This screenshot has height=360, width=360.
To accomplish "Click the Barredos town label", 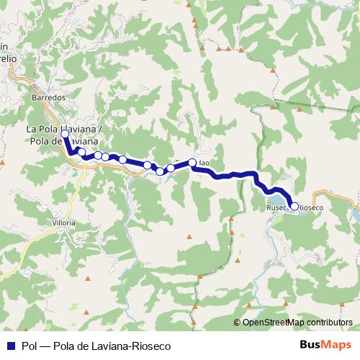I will click(49, 96).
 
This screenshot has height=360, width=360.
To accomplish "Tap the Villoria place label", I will click(64, 223).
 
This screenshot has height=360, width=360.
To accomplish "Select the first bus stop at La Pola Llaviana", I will click(65, 134).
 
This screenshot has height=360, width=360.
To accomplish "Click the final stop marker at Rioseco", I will click(294, 206).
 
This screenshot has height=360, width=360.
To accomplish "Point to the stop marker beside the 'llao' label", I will click(192, 163).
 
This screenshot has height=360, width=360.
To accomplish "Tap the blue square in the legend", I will click(11, 345).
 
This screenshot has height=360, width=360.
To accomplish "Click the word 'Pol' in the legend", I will click(30, 345).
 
